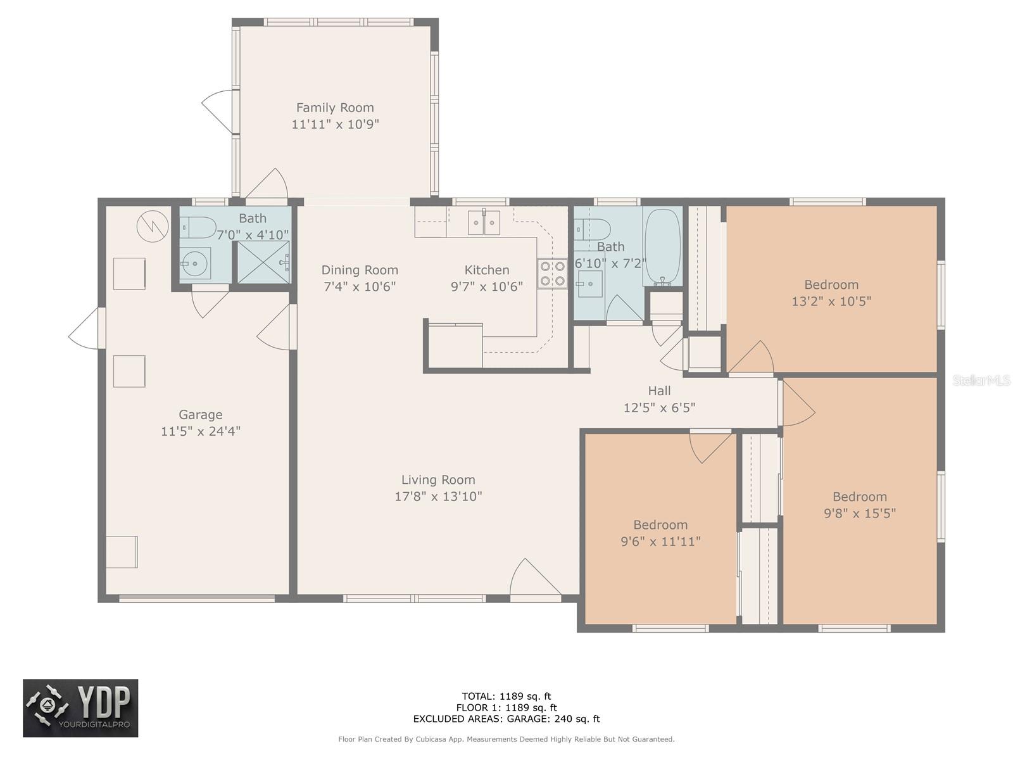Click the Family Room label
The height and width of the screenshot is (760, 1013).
pos(335,108)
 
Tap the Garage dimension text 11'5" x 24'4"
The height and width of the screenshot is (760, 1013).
pos(201,431)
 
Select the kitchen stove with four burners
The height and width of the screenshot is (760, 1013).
pos(553,274)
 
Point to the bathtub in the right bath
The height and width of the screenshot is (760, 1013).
pos(663,247)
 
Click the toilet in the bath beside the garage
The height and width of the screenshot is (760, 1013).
pos(198,227)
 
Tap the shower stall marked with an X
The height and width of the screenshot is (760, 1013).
pos(263,262)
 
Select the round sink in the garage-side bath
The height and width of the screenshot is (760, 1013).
pos(195,263)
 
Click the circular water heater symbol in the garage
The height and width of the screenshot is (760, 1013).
pos(153,226)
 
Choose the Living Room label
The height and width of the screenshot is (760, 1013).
pos(438,480)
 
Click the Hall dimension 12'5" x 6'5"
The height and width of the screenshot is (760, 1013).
pos(659,408)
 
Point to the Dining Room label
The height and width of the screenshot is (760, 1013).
pos(360,270)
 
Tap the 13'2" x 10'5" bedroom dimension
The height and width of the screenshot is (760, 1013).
pos(831,301)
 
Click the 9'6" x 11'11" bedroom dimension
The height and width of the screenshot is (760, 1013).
pos(660,541)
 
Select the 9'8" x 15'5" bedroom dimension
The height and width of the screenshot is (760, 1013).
pos(860,513)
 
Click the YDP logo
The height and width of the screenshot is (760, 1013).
pos(81,708)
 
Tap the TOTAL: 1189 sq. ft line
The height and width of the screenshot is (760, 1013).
pos(507,696)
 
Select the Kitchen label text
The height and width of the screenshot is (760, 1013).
pos(486,270)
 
